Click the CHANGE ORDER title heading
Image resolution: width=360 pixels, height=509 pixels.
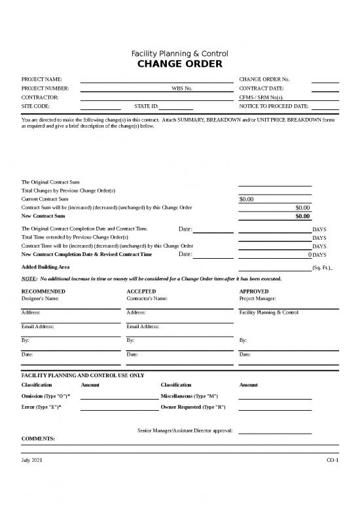click(x=179, y=64)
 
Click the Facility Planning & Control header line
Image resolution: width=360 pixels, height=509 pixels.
click(x=179, y=53)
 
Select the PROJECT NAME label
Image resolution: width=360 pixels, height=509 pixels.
click(x=42, y=79)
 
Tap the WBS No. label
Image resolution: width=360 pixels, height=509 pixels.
click(x=181, y=88)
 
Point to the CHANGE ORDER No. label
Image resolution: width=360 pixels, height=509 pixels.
click(x=264, y=79)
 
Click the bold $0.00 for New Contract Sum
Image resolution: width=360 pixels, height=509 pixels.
click(x=302, y=216)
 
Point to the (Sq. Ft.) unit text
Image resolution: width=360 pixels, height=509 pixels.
click(x=323, y=268)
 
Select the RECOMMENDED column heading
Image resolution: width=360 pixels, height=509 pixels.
click(x=43, y=291)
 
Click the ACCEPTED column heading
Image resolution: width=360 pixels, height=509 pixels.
click(x=141, y=291)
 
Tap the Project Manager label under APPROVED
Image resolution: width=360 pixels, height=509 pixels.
click(x=257, y=299)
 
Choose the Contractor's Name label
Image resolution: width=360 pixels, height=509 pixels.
click(x=147, y=299)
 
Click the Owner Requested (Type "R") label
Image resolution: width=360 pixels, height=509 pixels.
click(x=193, y=407)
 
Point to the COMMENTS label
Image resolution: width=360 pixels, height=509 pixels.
click(x=38, y=438)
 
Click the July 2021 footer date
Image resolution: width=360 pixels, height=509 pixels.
click(x=33, y=461)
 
